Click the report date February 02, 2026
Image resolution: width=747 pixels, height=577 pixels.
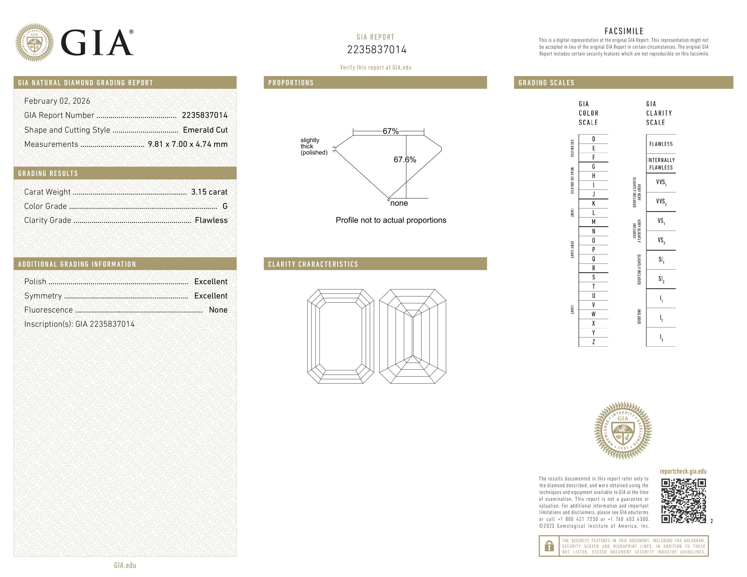pyautogui.click(x=57, y=101)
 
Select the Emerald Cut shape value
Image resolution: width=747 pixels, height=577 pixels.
pyautogui.click(x=205, y=130)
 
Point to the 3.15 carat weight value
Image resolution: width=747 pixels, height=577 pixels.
pyautogui.click(x=209, y=192)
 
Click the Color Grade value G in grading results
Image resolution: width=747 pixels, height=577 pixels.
pyautogui.click(x=225, y=206)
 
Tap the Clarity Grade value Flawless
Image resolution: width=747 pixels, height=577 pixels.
pyautogui.click(x=211, y=220)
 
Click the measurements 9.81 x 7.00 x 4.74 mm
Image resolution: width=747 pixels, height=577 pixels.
pyautogui.click(x=187, y=144)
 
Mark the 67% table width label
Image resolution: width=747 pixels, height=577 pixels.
pyautogui.click(x=390, y=131)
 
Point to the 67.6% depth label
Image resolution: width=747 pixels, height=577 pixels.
pyautogui.click(x=405, y=160)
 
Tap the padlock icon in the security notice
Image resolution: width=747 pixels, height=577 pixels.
pyautogui.click(x=549, y=546)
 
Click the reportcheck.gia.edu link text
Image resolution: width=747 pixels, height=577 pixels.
pyautogui.click(x=683, y=471)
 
